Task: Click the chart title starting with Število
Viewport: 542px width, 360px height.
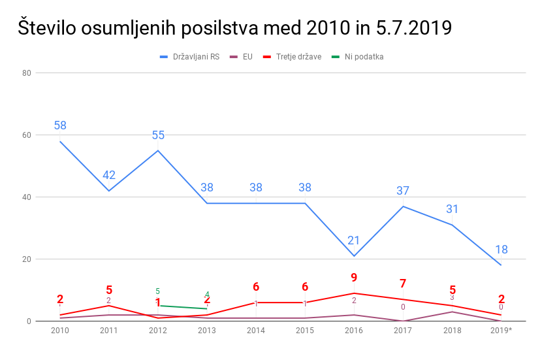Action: pos(235,28)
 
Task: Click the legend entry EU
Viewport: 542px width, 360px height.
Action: pos(247,57)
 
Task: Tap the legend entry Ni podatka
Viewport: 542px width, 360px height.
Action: pos(364,57)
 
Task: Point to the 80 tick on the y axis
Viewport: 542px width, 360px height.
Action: pos(27,73)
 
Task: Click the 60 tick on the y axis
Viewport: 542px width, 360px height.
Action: pos(27,135)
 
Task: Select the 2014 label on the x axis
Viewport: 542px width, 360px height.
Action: pos(256,331)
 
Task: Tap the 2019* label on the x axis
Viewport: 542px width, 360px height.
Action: pos(501,331)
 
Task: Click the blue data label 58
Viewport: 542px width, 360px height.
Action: pos(60,125)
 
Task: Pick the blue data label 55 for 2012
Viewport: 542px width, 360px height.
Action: pos(158,135)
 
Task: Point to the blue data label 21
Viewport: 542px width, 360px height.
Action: pos(354,240)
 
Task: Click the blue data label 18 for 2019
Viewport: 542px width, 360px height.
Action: pos(501,250)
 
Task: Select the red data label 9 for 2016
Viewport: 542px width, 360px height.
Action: pos(354,278)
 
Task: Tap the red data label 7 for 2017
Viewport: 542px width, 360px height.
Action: pos(403,284)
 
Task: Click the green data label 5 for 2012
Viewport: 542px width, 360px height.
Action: pos(158,291)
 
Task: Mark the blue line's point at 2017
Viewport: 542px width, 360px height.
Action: pos(403,206)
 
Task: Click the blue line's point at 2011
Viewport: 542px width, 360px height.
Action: pos(109,191)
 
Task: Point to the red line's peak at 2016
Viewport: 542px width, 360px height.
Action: pos(354,293)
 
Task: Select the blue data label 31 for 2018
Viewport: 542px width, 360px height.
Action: pos(452,209)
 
